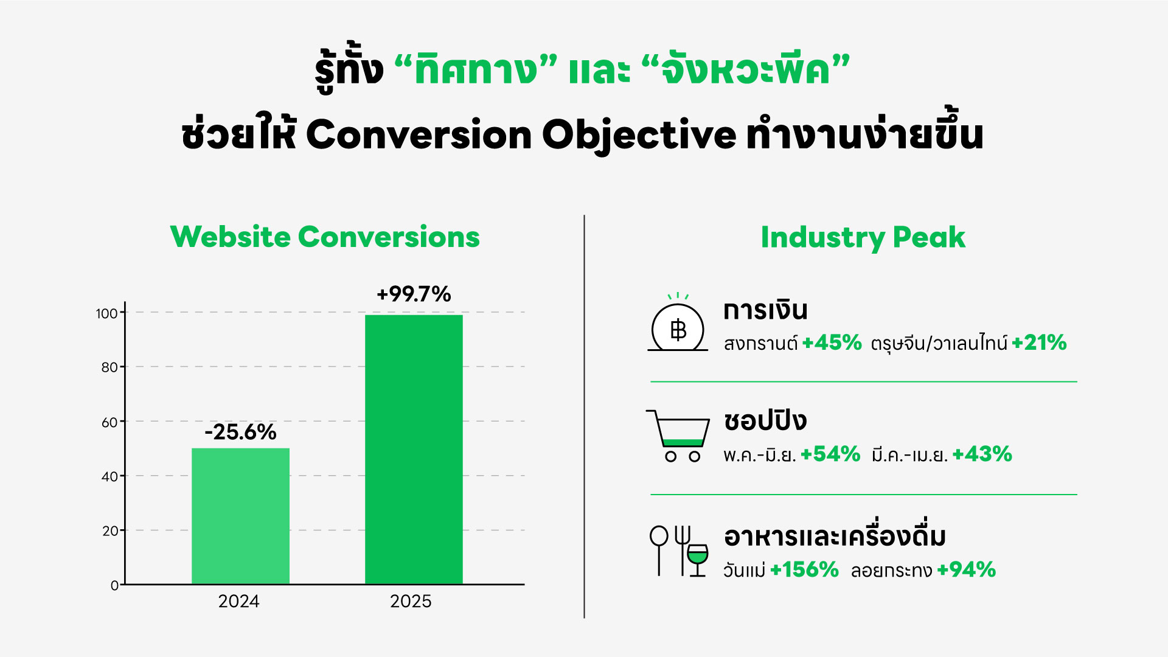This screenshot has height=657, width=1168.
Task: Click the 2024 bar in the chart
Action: (240, 516)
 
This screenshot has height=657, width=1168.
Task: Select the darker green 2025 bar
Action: (414, 450)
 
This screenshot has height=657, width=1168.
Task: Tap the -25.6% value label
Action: (240, 432)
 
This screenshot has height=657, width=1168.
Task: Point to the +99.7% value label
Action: (414, 294)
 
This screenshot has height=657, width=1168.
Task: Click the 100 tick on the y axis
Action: (106, 313)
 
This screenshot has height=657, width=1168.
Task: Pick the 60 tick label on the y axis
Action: (109, 422)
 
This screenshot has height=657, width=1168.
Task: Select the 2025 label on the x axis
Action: (411, 601)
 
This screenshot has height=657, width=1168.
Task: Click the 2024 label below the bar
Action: (238, 601)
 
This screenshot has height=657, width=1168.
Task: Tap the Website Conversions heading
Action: (325, 237)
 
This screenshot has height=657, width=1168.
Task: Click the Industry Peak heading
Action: (863, 238)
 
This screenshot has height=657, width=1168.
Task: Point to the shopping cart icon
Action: (678, 436)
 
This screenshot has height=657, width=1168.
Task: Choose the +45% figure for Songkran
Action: (832, 342)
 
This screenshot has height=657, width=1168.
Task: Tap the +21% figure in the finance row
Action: (1039, 342)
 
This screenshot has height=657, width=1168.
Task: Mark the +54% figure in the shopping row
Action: (830, 454)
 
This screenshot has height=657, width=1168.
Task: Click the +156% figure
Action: (804, 569)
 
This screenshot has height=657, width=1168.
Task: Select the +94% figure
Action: (966, 569)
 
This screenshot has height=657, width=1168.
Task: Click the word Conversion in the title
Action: (419, 134)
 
